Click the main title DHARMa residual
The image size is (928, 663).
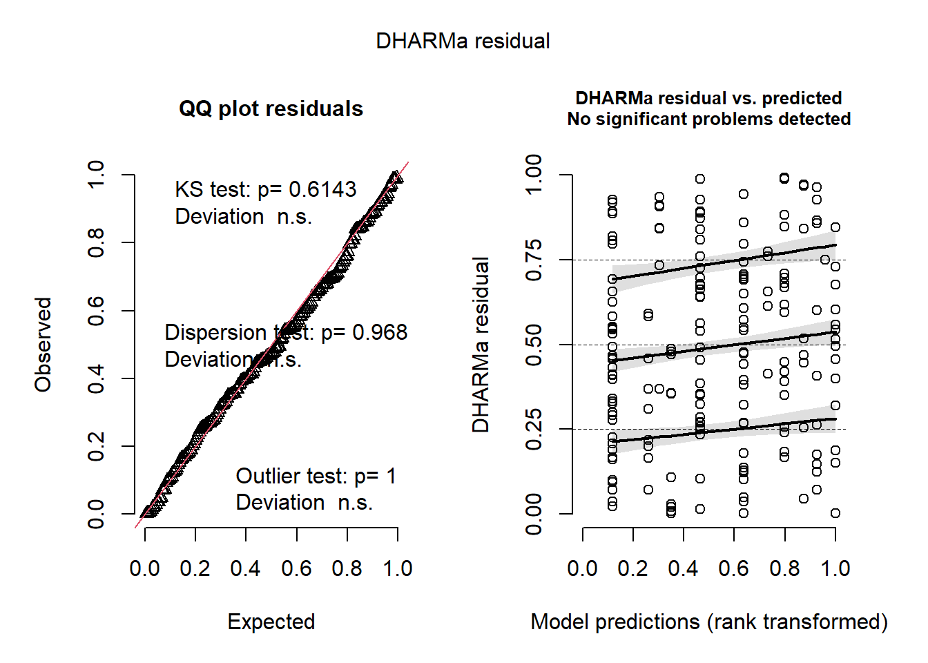(x=463, y=41)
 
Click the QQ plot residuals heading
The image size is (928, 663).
(x=271, y=109)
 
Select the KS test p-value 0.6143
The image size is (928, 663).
(x=322, y=189)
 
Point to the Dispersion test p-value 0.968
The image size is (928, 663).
(x=380, y=332)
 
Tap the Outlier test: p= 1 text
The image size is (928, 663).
(x=316, y=476)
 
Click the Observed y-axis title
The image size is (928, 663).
(x=43, y=345)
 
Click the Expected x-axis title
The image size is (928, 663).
(x=271, y=622)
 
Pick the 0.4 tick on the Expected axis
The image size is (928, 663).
(x=246, y=568)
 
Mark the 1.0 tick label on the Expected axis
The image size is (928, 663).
(x=398, y=568)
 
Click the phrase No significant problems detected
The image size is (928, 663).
(x=708, y=119)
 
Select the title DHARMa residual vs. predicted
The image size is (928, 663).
(x=708, y=98)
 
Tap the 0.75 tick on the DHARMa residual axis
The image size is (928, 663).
(x=534, y=260)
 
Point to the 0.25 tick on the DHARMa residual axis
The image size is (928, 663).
(x=534, y=429)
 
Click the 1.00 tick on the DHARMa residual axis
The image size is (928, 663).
(x=534, y=175)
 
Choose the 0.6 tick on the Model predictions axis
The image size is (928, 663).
(x=734, y=568)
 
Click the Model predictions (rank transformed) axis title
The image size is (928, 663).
(x=708, y=622)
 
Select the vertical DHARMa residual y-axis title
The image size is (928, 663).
(x=481, y=345)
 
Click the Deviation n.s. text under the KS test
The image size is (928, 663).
(x=243, y=216)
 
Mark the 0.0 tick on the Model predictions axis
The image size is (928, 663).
(x=583, y=568)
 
